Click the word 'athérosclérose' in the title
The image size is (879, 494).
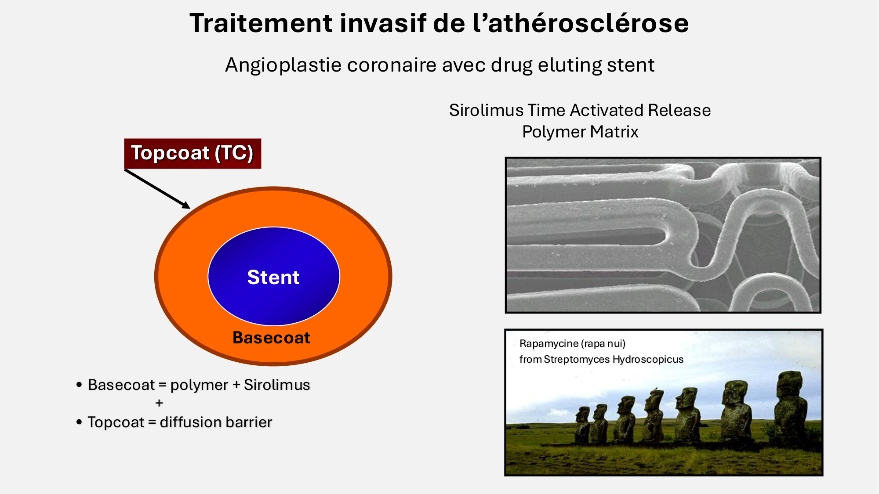[588, 23]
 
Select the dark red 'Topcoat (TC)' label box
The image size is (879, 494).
[193, 154]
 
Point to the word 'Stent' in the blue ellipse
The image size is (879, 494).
[273, 277]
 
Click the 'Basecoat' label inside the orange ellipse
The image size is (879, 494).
[271, 338]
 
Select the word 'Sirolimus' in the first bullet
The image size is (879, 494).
[277, 385]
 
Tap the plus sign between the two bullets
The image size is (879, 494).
[159, 403]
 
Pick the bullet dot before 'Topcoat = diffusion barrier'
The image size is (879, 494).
[79, 422]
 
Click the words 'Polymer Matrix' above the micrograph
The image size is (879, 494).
[580, 132]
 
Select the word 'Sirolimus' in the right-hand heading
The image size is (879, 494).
[486, 110]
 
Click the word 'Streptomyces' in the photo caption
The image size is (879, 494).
[577, 359]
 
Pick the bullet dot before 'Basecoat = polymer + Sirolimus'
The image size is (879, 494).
[79, 385]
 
